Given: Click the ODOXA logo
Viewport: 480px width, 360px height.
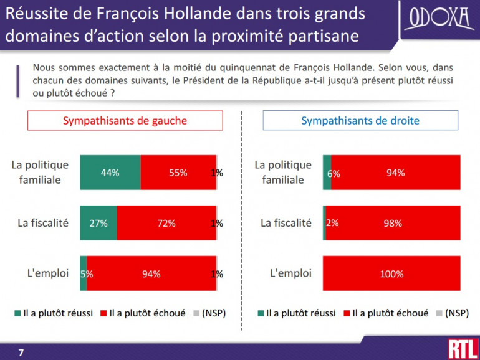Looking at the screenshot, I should click(x=439, y=19).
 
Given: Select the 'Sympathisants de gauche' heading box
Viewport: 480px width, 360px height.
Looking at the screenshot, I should click(x=125, y=121).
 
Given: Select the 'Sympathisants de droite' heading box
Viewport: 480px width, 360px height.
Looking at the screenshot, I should click(x=360, y=121).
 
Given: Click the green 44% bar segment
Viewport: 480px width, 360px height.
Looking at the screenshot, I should click(x=110, y=173).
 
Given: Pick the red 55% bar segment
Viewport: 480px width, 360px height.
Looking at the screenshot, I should click(x=178, y=173).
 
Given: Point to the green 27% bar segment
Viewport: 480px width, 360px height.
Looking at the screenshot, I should click(x=98, y=223).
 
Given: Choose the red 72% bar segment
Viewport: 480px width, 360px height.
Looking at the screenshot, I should click(x=166, y=223).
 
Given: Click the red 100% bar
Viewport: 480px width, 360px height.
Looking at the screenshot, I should click(x=391, y=273).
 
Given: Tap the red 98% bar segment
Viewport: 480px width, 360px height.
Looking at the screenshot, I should click(x=393, y=223).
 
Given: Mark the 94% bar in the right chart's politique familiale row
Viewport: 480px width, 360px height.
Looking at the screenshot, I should click(x=395, y=173).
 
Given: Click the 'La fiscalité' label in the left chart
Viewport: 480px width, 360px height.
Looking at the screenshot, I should click(x=42, y=222).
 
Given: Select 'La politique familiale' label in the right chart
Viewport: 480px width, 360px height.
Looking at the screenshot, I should click(x=283, y=173).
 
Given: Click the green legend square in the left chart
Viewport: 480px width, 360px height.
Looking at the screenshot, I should click(x=18, y=313).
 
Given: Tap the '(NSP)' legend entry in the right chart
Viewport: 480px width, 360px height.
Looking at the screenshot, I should click(x=456, y=313).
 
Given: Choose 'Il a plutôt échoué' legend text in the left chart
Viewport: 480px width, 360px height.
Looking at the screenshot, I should click(x=147, y=313).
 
